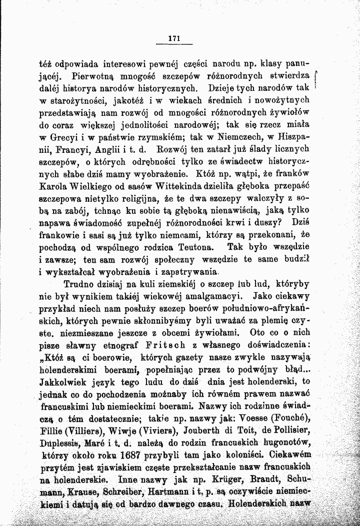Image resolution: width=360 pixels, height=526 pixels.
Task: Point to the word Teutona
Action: coord(198,246)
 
